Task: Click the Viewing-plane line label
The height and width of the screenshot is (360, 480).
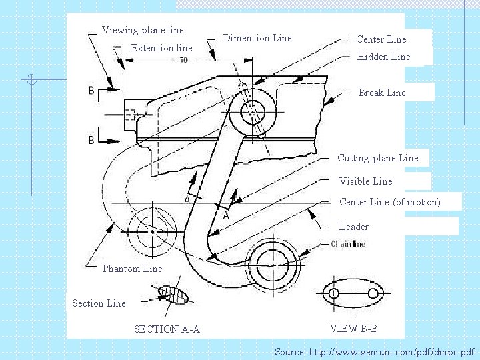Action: [x=143, y=30]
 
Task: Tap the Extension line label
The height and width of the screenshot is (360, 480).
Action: [x=161, y=48]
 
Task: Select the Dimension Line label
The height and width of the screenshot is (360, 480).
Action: [x=257, y=38]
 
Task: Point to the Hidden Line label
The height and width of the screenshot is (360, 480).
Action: [x=383, y=57]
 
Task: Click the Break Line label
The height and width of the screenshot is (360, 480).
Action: [x=382, y=93]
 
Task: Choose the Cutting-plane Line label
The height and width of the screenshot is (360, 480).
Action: [x=378, y=158]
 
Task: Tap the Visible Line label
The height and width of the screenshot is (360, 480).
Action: [x=365, y=181]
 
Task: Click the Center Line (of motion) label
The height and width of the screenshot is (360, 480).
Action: [x=390, y=202]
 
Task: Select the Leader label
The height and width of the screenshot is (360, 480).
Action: [x=354, y=227]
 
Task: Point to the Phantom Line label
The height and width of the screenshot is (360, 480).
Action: [x=132, y=269]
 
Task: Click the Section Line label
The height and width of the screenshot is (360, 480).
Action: [x=99, y=303]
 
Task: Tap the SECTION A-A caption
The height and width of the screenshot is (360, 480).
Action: [x=167, y=329]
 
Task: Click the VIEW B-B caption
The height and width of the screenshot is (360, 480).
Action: [x=353, y=328]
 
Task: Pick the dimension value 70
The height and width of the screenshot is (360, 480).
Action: [x=183, y=61]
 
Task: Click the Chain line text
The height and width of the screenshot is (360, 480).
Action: [x=348, y=244]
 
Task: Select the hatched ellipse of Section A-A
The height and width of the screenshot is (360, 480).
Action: [x=175, y=295]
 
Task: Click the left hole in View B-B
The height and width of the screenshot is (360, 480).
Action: [x=334, y=293]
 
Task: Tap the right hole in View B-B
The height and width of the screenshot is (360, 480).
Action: [x=373, y=293]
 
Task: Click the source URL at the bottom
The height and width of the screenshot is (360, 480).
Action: [x=375, y=351]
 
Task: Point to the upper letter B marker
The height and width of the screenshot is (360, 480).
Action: [x=91, y=90]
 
